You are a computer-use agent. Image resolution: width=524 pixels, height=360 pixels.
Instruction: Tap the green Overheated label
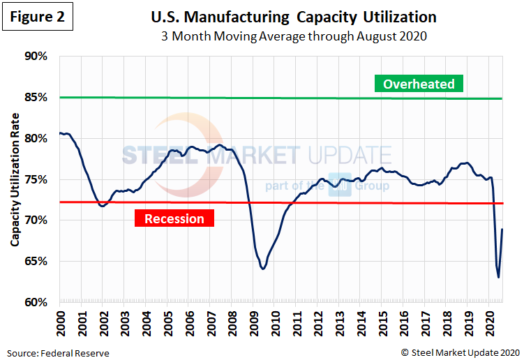419,84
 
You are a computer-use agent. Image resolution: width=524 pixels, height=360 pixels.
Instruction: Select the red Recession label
174,219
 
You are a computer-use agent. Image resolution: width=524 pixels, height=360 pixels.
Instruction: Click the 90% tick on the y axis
36,57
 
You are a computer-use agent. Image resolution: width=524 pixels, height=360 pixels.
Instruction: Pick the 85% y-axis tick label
36,98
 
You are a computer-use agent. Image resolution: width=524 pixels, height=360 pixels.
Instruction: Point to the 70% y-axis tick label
36,220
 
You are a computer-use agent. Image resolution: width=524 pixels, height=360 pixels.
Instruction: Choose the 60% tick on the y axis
36,302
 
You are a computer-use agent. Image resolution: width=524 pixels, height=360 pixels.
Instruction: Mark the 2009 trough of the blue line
262,269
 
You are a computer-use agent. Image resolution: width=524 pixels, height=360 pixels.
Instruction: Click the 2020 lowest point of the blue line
498,278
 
